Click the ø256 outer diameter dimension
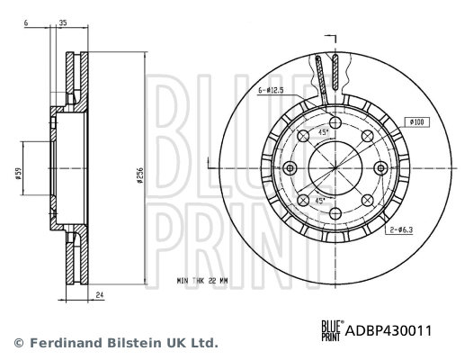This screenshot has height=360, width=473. (139, 176)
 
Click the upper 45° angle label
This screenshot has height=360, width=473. (323, 133)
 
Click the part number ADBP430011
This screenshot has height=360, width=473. (389, 331)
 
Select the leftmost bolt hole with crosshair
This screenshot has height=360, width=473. (290, 168)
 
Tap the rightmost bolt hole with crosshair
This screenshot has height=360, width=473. (379, 168)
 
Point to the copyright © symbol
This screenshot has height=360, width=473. (17, 343)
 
